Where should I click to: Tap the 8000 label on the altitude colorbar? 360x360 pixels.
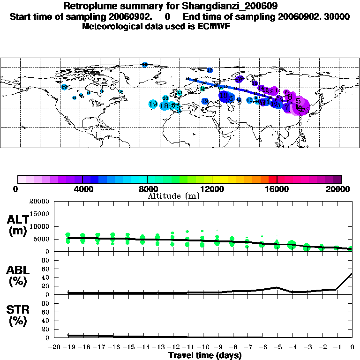point(147,189)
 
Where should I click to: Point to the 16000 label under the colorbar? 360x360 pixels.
point(277,189)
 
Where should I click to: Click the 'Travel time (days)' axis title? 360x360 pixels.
point(205,355)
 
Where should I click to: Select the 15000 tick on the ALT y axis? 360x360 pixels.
point(39,214)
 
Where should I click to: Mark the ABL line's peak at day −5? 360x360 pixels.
point(277,287)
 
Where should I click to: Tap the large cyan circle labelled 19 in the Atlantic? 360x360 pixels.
point(153,104)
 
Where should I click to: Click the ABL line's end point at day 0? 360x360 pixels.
point(352,274)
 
